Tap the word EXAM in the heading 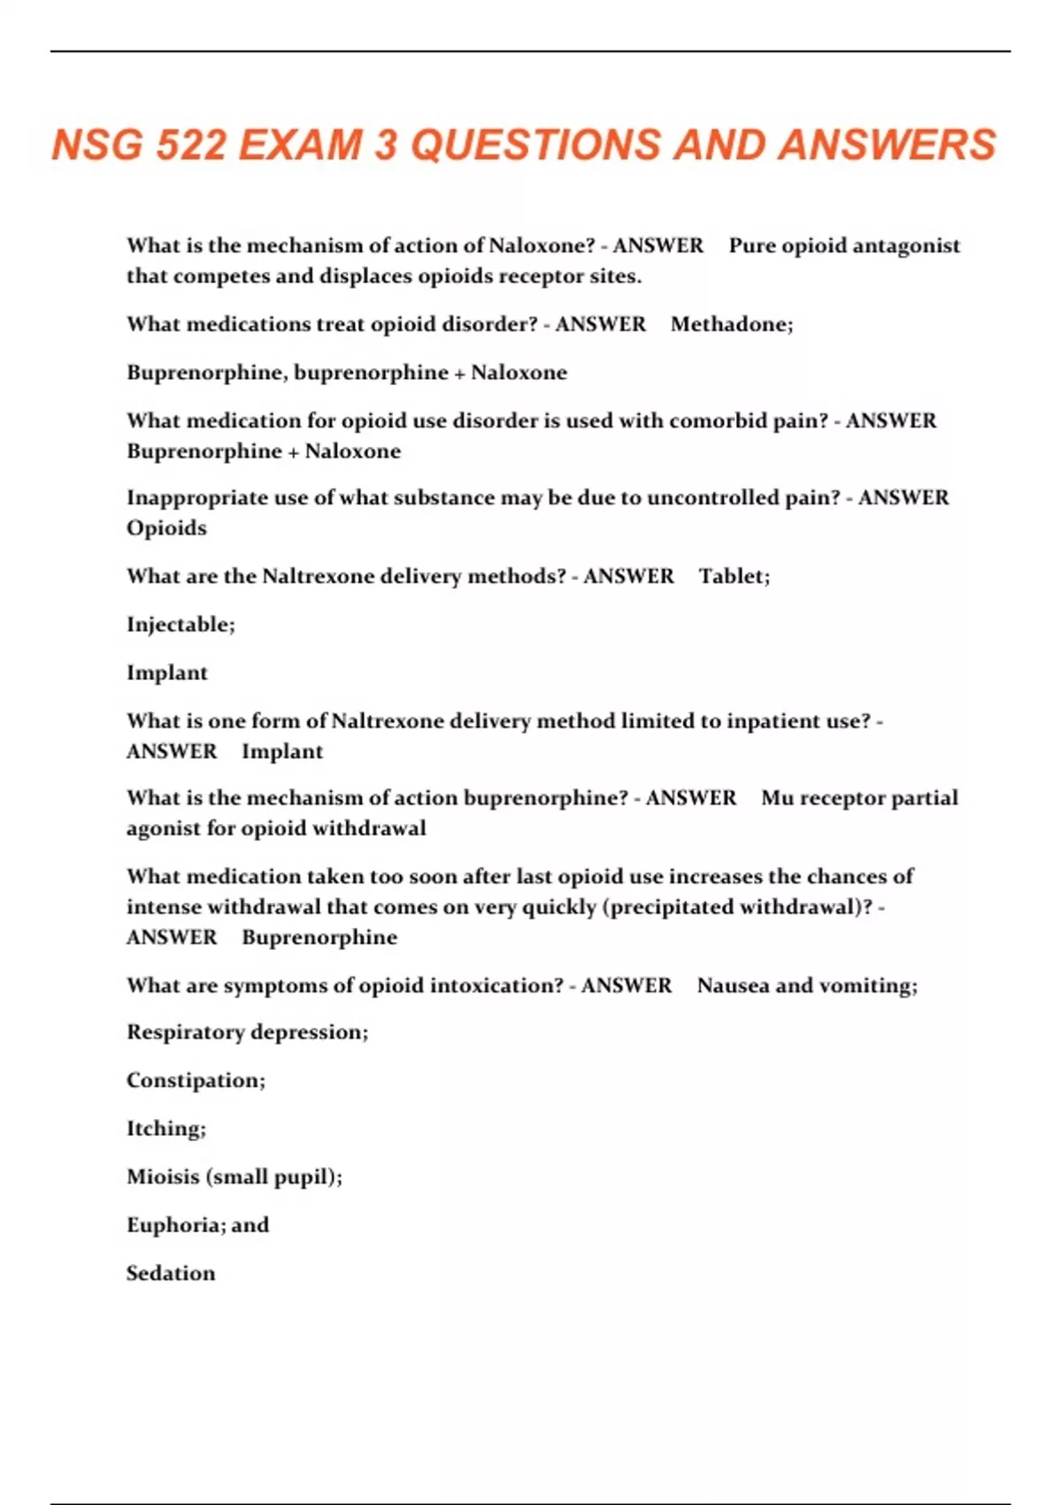click(301, 145)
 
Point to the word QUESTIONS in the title click(535, 145)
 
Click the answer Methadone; click(732, 324)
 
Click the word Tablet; click(735, 576)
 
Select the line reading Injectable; click(181, 625)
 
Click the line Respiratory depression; click(247, 1032)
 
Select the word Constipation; click(196, 1080)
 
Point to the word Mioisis click(162, 1177)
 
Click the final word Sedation click(171, 1273)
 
